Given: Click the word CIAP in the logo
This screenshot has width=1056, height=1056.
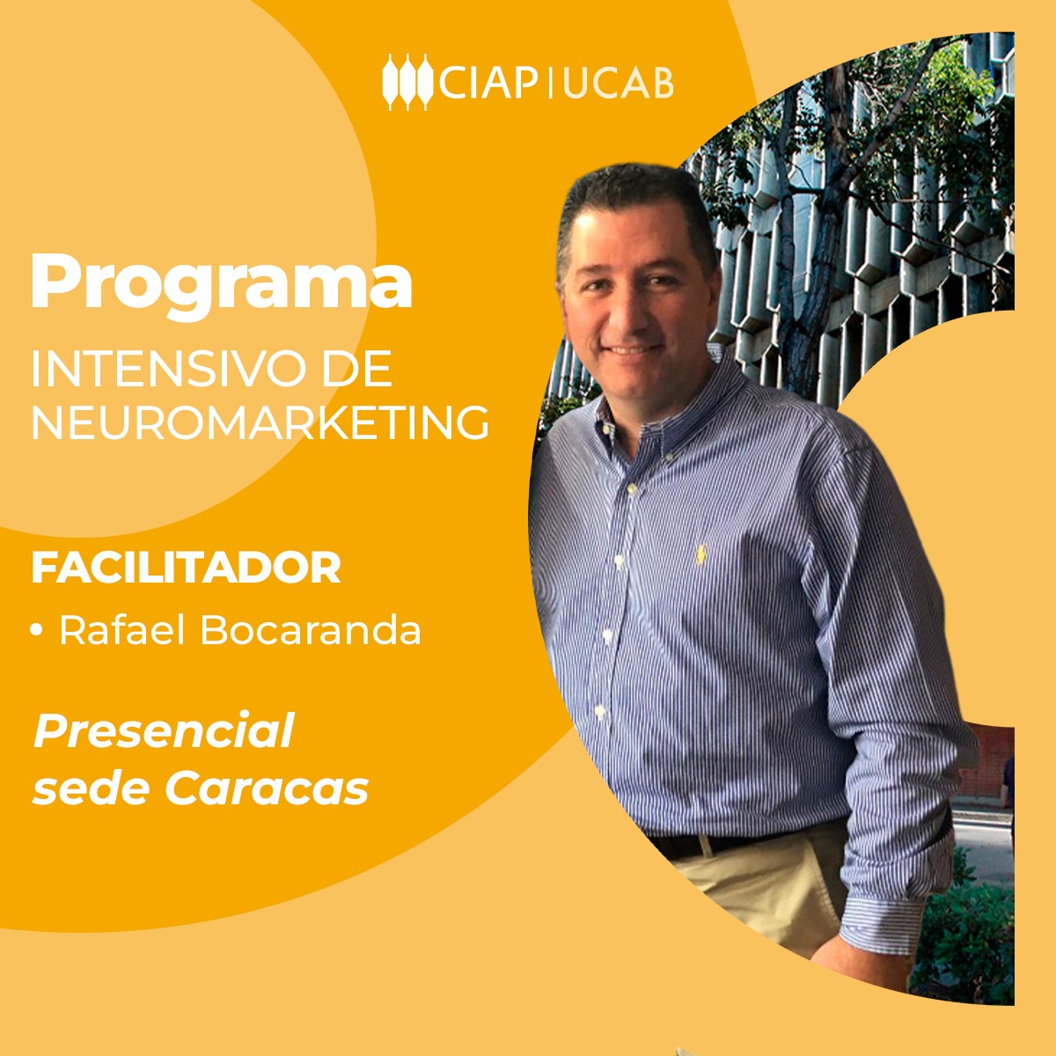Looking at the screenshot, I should [488, 82].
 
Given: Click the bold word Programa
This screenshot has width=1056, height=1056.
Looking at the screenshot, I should [221, 280].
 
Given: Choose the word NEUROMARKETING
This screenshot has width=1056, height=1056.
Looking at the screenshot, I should [260, 423].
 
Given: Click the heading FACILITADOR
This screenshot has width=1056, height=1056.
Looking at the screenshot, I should [186, 568].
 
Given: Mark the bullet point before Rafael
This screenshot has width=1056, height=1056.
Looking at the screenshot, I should [37, 630].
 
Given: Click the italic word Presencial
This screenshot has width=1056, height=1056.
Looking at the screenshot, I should [163, 731].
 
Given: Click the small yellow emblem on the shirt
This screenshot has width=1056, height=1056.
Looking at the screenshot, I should [701, 554].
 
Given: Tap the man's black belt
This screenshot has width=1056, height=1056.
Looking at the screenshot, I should [704, 845].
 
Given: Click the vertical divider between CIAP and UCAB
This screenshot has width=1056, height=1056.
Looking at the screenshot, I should [550, 82].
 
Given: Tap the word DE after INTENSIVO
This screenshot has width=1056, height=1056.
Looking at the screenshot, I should [356, 370].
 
